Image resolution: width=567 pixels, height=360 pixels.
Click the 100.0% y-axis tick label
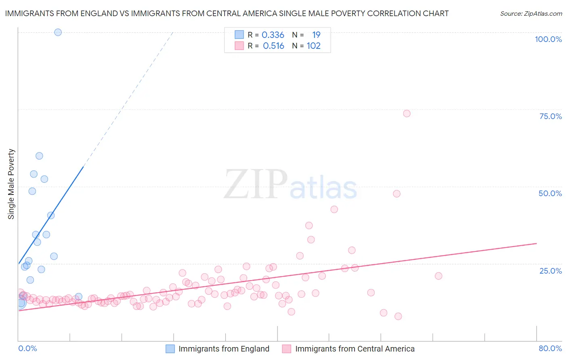(548, 39)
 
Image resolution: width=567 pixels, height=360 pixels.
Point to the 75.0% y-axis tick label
(550, 116)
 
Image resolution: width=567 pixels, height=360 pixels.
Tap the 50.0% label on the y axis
(550, 193)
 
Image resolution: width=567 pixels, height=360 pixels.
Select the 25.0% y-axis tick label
(550, 271)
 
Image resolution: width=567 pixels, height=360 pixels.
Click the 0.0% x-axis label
(27, 348)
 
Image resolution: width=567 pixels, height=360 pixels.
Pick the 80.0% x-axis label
(550, 348)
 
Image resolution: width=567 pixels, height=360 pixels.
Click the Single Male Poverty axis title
(11, 184)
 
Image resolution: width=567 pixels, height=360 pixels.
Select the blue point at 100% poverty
(58, 32)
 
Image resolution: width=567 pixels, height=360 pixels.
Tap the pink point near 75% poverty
(406, 113)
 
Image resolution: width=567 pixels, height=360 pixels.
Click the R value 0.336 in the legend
(273, 35)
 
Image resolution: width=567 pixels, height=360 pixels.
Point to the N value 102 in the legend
(313, 46)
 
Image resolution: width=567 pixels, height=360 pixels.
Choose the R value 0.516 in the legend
(273, 46)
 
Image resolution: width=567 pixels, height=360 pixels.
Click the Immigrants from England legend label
(224, 349)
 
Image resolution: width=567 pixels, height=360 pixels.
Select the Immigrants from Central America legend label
(355, 349)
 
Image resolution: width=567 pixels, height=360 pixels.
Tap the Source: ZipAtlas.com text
(531, 14)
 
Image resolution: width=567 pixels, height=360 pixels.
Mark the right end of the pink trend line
(536, 243)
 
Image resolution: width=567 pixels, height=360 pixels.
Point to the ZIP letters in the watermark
(256, 184)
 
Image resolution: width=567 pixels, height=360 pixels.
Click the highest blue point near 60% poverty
(39, 156)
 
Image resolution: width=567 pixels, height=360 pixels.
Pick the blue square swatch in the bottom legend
(170, 349)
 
